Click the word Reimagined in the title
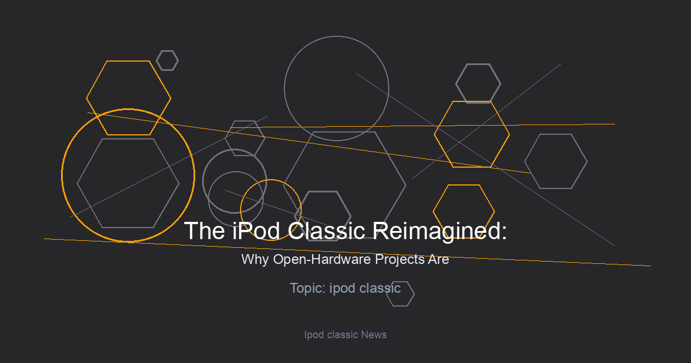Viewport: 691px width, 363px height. pyautogui.click(x=439, y=231)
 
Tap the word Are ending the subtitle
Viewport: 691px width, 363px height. pyautogui.click(x=438, y=259)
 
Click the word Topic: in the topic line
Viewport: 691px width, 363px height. pyautogui.click(x=308, y=288)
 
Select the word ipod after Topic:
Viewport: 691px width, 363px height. pyautogui.click(x=343, y=289)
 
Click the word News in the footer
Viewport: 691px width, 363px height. pyautogui.click(x=374, y=335)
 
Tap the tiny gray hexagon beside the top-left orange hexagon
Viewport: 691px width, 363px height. pyautogui.click(x=157, y=60)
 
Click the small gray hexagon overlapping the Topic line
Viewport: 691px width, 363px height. pyautogui.click(x=415, y=294)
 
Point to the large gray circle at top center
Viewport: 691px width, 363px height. pyautogui.click(x=284, y=89)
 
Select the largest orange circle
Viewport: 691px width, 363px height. pyautogui.click(x=62, y=176)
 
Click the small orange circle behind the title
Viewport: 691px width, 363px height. pyautogui.click(x=240, y=210)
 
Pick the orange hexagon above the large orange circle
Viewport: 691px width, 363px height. pyautogui.click(x=86, y=98)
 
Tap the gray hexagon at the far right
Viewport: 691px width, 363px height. pyautogui.click(x=525, y=161)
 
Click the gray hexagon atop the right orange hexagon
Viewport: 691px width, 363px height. pyautogui.click(x=455, y=84)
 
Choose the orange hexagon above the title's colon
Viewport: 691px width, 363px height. pyautogui.click(x=433, y=211)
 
